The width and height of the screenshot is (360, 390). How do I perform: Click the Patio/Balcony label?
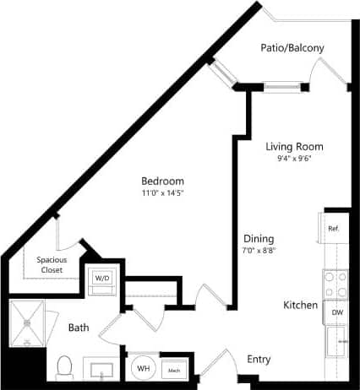click(292, 48)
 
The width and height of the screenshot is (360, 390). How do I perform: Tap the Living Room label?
click(294, 146)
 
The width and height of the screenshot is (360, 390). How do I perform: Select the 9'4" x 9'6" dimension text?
click(294, 159)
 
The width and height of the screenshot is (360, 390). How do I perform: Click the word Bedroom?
click(162, 181)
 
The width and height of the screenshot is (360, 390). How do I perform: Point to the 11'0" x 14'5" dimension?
click(162, 193)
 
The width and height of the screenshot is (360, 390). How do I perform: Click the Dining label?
click(258, 238)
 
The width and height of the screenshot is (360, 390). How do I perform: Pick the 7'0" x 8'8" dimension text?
click(258, 250)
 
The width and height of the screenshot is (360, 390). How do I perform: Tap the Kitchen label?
click(300, 305)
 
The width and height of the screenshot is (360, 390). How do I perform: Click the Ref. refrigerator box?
click(334, 228)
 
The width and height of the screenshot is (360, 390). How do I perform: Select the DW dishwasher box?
click(336, 312)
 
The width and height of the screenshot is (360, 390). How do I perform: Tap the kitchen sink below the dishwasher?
click(338, 341)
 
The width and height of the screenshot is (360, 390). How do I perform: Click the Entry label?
click(259, 360)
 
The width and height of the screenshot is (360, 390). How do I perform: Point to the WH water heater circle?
click(144, 369)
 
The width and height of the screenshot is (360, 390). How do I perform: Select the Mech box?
click(174, 370)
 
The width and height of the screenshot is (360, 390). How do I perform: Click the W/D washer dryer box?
click(102, 279)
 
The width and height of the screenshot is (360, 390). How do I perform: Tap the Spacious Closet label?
click(53, 265)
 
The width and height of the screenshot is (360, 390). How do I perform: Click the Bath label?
click(79, 326)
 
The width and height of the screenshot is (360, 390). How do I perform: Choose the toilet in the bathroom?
click(64, 366)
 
